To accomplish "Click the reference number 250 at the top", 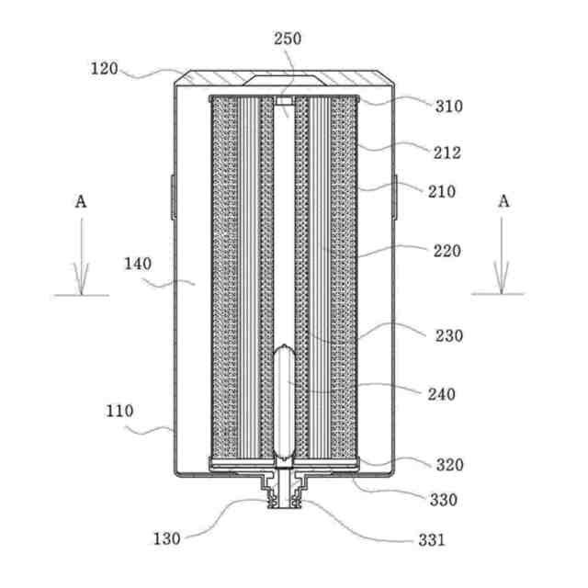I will tap(287, 40).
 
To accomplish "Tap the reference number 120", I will tap(104, 68).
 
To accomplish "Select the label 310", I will tap(449, 106).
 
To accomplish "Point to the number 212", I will tap(448, 153).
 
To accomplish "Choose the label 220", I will tap(448, 250).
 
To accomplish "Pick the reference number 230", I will tap(449, 335).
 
